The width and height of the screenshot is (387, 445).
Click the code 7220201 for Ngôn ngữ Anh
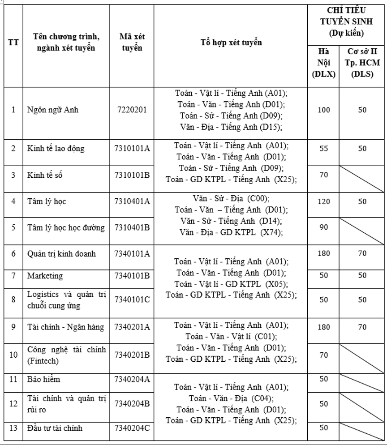(x=132, y=110)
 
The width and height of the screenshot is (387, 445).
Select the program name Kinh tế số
(x=44, y=175)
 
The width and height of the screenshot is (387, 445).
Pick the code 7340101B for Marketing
(x=132, y=276)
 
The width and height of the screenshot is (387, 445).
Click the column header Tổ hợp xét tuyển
(x=231, y=43)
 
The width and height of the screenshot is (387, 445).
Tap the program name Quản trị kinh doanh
(x=55, y=254)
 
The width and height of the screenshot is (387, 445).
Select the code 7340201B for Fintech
(x=132, y=355)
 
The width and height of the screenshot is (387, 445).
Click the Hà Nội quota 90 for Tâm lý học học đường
(x=323, y=227)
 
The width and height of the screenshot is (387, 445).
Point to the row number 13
(x=13, y=428)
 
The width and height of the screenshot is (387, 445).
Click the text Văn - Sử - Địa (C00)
(x=231, y=198)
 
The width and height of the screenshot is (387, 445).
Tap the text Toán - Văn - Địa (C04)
(x=231, y=398)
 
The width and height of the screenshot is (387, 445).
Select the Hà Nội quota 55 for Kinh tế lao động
(x=323, y=149)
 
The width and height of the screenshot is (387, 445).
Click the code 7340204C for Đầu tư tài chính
(x=132, y=428)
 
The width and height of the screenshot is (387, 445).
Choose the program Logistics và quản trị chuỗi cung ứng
(x=66, y=300)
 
